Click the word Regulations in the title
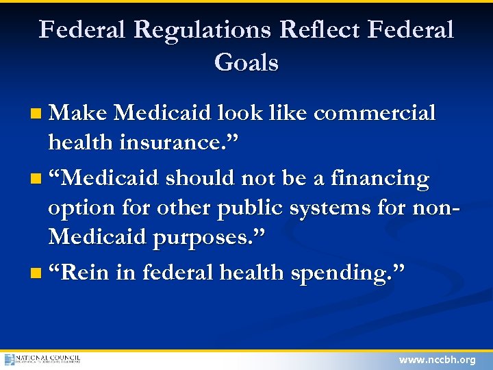coord(205,30)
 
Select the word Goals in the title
coord(246,63)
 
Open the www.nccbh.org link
coord(437,359)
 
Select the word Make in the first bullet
coord(77,113)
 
